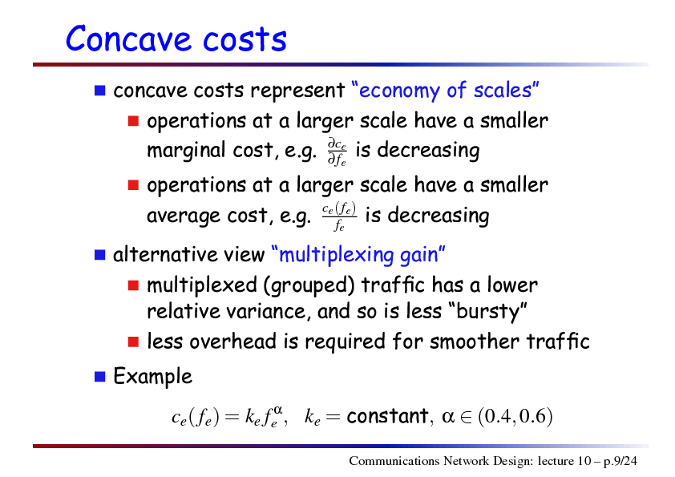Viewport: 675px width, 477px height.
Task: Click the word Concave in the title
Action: coord(128,38)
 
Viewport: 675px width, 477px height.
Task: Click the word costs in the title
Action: coord(245,38)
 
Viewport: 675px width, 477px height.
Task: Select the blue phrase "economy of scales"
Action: coord(445,91)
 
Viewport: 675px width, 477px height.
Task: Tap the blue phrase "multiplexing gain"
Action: coord(358,254)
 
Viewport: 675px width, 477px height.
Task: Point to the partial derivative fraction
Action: coord(337,152)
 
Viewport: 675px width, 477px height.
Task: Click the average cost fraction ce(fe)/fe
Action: coord(339,216)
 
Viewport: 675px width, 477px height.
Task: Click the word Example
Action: coord(152,377)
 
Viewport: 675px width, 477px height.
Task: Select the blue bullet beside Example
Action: coord(100,377)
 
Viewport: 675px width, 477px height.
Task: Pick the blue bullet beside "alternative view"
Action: coord(100,255)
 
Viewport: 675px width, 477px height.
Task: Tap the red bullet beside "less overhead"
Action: coord(133,342)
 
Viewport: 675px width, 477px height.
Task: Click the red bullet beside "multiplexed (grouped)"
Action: coord(133,285)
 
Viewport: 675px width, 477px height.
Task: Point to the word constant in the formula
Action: coord(387,416)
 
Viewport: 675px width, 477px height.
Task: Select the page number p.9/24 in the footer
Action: coord(620,461)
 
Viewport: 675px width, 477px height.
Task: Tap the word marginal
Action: coord(186,151)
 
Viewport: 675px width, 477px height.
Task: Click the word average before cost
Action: coord(184,216)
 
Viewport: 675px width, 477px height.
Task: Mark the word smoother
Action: coord(475,342)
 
